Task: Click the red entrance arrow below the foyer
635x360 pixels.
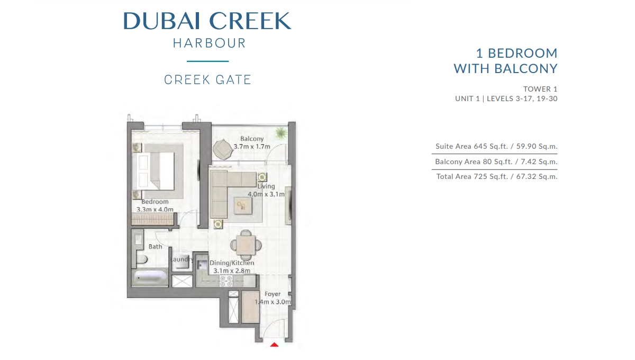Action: pyautogui.click(x=274, y=345)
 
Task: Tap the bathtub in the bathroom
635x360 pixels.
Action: pyautogui.click(x=150, y=277)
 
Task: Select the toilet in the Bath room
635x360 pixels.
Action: pyautogui.click(x=142, y=259)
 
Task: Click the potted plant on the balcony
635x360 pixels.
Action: pyautogui.click(x=280, y=133)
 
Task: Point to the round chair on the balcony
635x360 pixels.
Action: pyautogui.click(x=223, y=149)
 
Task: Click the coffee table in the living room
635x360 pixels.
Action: pyautogui.click(x=243, y=205)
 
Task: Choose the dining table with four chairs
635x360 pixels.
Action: pyautogui.click(x=246, y=245)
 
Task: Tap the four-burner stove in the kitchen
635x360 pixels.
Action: pyautogui.click(x=226, y=281)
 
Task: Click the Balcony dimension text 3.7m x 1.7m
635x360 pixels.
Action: pyautogui.click(x=252, y=147)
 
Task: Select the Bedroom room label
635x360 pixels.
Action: pyautogui.click(x=155, y=202)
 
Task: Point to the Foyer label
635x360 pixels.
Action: pyautogui.click(x=273, y=294)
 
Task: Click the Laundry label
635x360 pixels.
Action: pyautogui.click(x=182, y=259)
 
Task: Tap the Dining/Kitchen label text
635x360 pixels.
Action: pyautogui.click(x=232, y=263)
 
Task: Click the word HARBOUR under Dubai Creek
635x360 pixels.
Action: pyautogui.click(x=209, y=43)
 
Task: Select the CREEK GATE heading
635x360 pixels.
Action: pyautogui.click(x=207, y=80)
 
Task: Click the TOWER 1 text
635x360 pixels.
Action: pyautogui.click(x=540, y=89)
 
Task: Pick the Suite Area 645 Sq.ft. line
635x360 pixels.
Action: pyautogui.click(x=496, y=147)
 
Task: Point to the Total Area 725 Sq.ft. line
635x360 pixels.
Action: pyautogui.click(x=497, y=176)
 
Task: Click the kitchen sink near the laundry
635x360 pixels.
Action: pyautogui.click(x=202, y=265)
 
